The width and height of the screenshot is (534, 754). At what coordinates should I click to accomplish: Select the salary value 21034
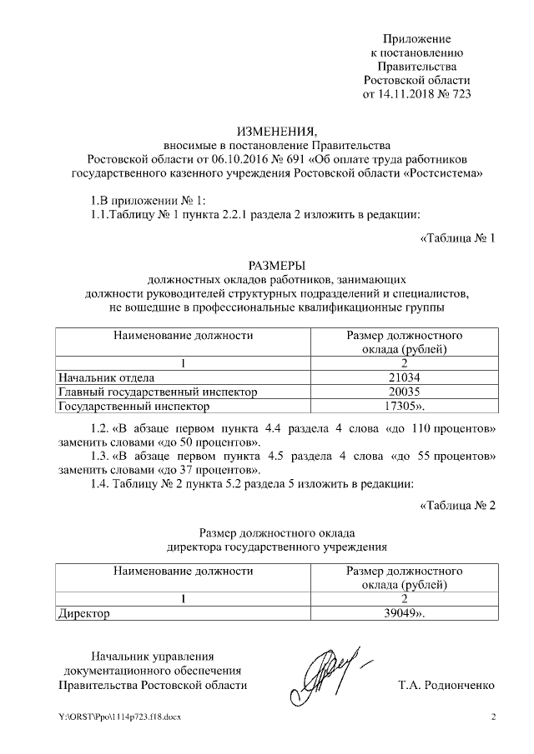point(403,377)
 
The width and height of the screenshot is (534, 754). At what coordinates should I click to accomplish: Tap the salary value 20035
point(403,392)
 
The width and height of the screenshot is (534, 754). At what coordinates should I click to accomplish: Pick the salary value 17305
point(401,407)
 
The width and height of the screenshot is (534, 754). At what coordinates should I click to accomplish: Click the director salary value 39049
point(401,613)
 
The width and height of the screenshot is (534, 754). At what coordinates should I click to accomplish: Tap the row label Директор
point(83,613)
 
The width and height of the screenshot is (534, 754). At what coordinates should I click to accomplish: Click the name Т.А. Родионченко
point(446,685)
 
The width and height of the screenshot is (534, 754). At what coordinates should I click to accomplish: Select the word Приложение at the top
point(416,39)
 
